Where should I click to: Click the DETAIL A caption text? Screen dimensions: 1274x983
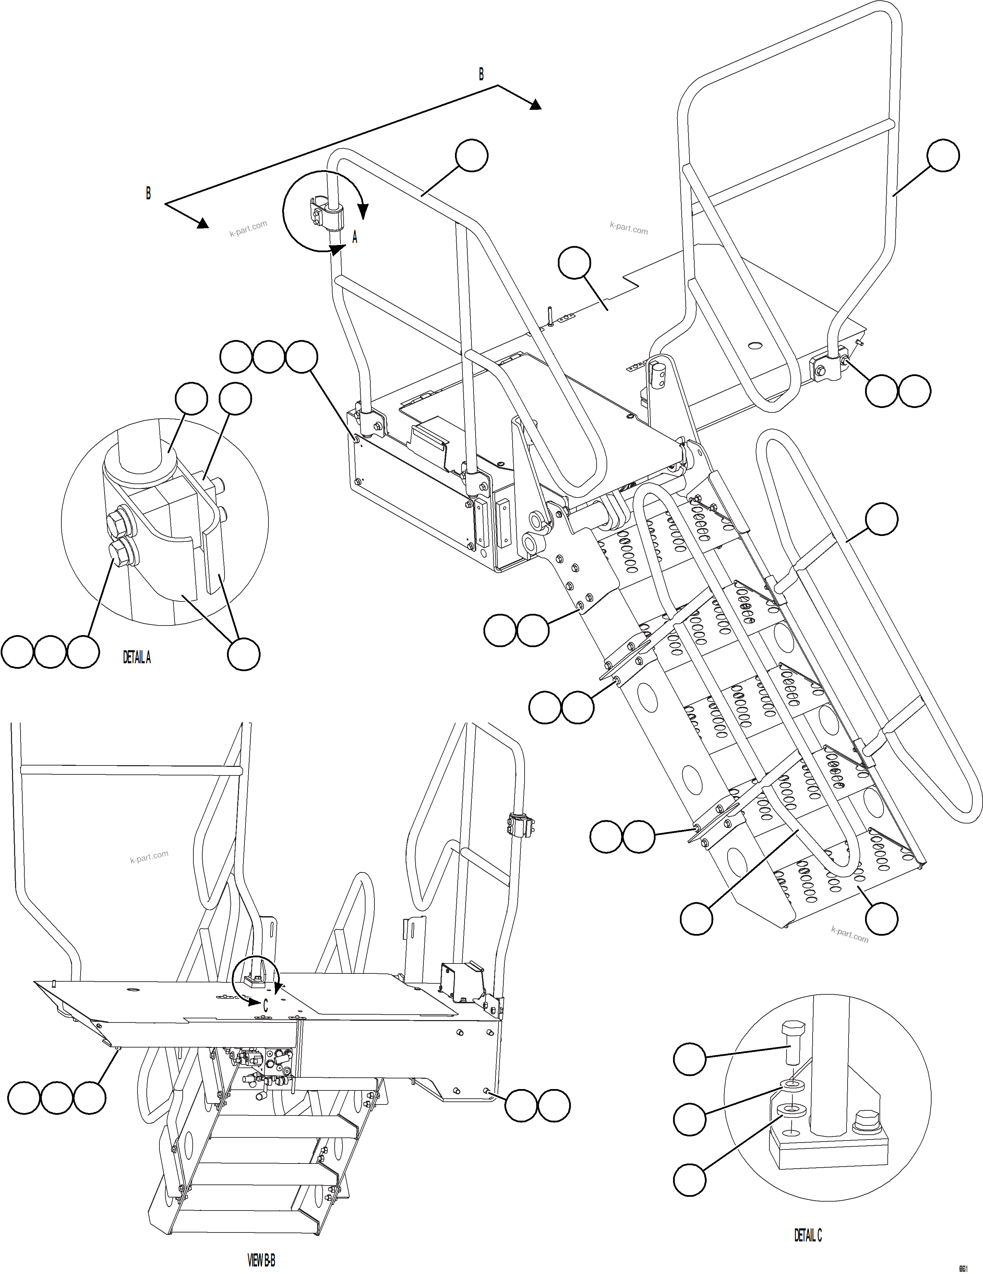[136, 657]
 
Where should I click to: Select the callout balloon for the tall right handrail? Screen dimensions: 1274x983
[943, 155]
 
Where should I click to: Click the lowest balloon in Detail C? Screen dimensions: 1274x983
[690, 1180]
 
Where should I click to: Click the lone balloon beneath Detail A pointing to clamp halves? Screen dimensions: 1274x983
[243, 654]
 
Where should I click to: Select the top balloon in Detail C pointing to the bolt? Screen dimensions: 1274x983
[690, 1059]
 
